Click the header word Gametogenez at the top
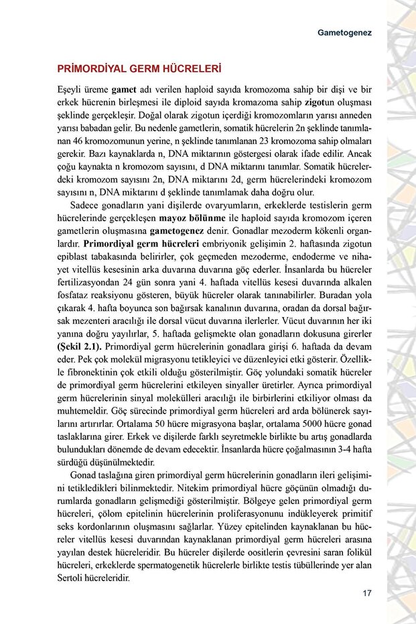click(x=344, y=32)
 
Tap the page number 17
click(x=366, y=592)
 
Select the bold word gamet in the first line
click(x=124, y=89)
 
